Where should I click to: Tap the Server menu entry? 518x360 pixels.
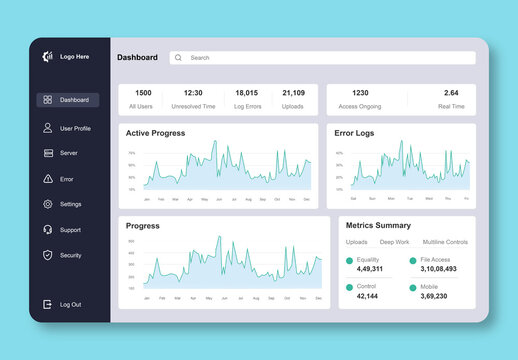68,153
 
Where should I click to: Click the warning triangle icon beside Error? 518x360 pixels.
47,179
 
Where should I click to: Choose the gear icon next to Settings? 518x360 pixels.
47,204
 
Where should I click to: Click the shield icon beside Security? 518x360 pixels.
47,255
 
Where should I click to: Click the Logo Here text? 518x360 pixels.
74,57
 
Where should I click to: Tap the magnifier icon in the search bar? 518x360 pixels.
179,58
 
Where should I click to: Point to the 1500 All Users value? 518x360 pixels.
143,93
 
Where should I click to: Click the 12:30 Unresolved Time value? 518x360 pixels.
193,93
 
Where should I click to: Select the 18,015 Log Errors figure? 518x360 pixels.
246,93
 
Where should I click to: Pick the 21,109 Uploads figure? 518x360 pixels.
293,93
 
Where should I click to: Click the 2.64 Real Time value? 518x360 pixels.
451,93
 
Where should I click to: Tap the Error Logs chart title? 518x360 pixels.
354,133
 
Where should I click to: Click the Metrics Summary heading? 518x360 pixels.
378,225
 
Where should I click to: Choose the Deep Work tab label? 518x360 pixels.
394,242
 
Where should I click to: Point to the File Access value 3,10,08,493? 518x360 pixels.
438,269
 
